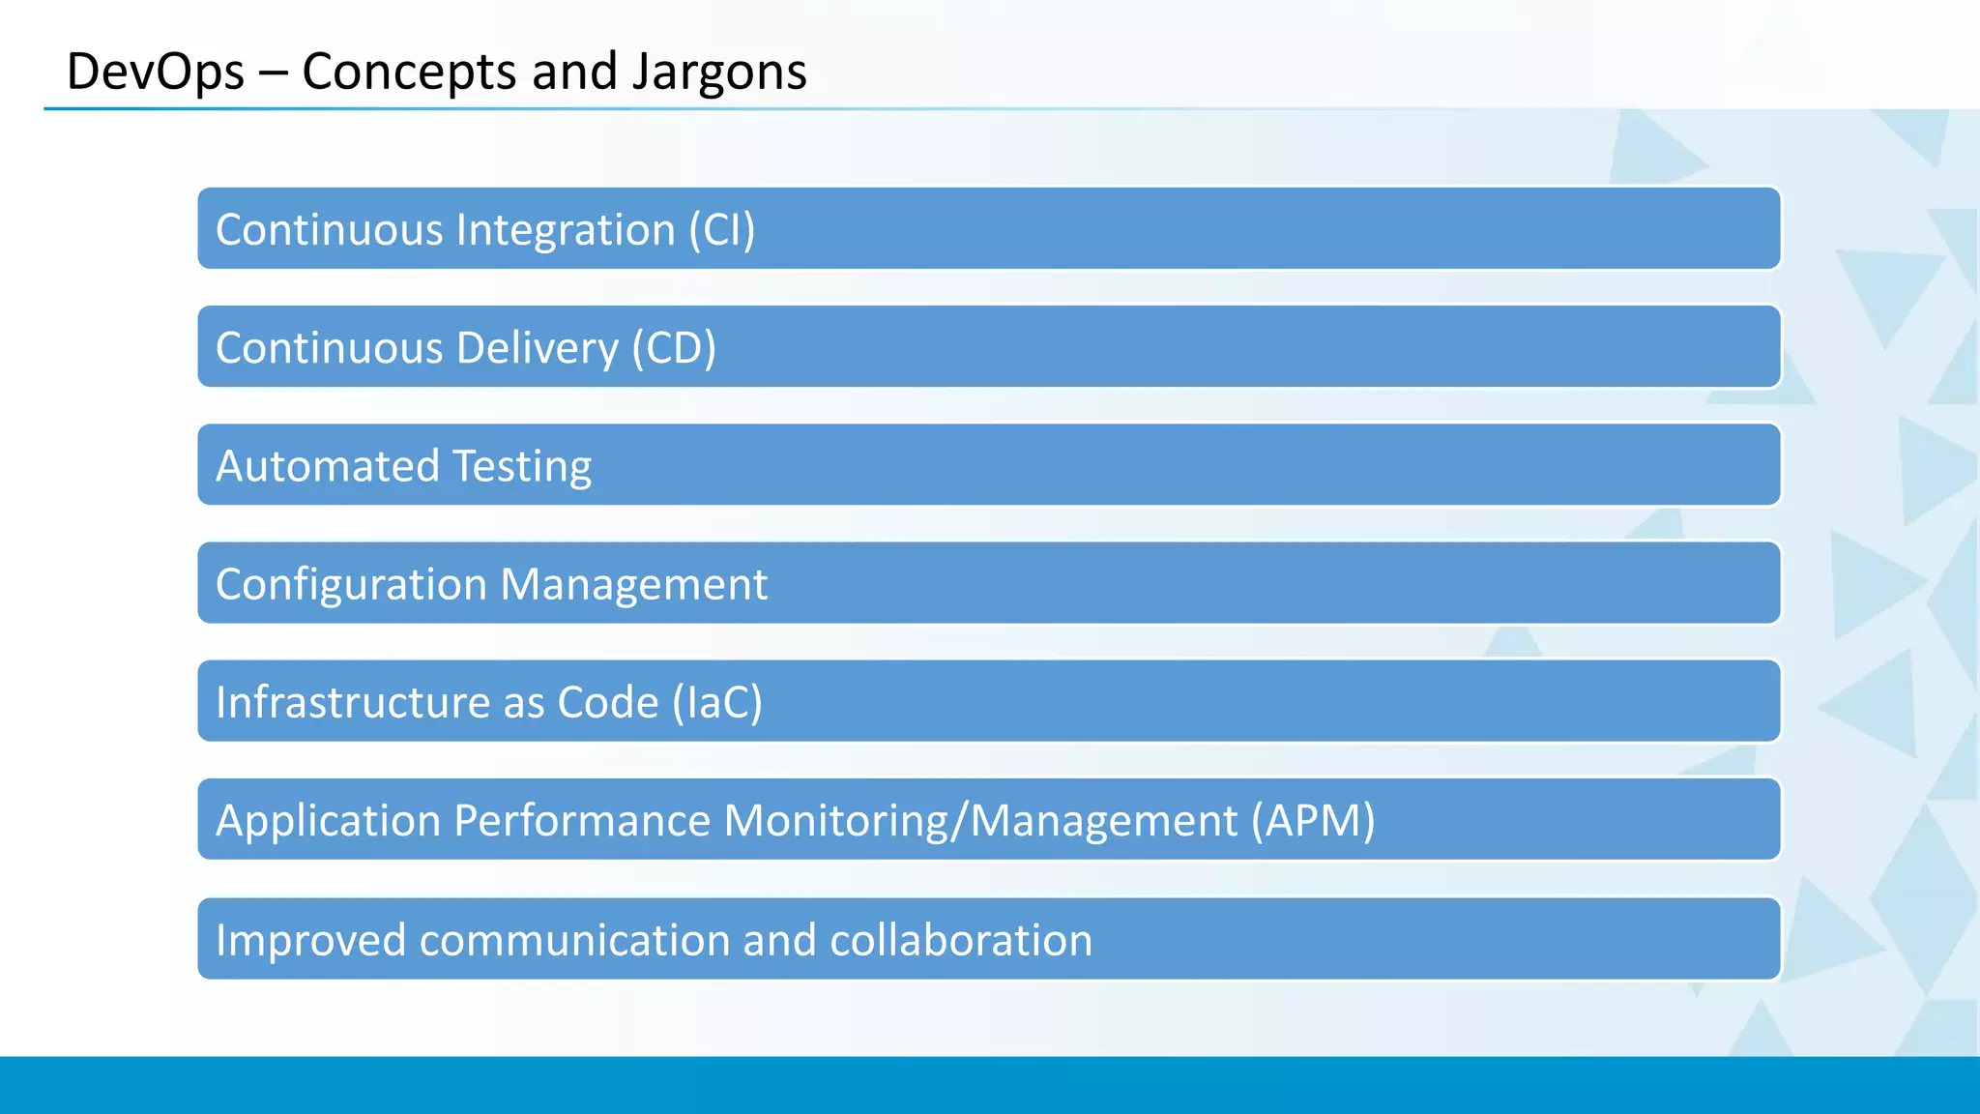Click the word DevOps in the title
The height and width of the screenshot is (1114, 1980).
(155, 73)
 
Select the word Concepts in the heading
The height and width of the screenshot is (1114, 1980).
(410, 73)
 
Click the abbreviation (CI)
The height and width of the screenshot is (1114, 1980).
(721, 230)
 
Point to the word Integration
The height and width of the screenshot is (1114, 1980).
(566, 230)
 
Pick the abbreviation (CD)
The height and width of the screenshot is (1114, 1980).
(674, 348)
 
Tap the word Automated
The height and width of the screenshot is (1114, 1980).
(328, 466)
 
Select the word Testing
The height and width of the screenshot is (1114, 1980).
(522, 466)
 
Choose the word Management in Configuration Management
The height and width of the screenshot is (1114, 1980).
(633, 585)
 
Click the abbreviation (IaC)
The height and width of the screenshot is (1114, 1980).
(717, 703)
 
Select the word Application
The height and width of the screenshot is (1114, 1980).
(328, 821)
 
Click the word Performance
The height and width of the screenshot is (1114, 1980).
(582, 821)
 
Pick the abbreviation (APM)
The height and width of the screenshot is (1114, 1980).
(1312, 821)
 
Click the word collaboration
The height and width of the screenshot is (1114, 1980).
(961, 940)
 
